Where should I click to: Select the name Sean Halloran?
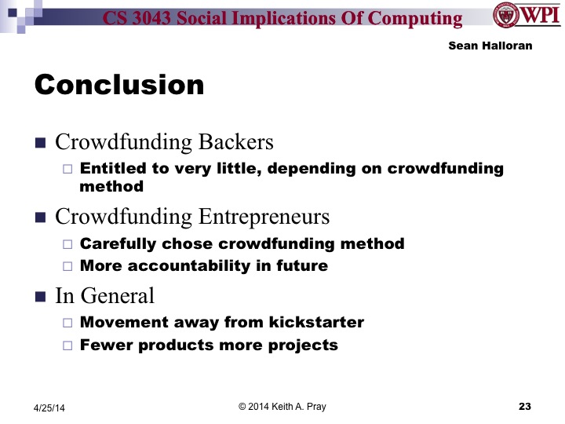click(x=490, y=46)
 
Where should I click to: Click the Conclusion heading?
click(x=118, y=84)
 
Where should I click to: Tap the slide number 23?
click(x=525, y=406)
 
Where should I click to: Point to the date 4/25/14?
click(x=50, y=407)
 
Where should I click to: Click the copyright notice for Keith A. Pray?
click(x=282, y=405)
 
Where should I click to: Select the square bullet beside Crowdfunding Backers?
click(x=41, y=143)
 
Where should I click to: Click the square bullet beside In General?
click(x=41, y=296)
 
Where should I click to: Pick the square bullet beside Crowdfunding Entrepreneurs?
click(x=41, y=216)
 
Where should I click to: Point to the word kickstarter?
click(x=313, y=322)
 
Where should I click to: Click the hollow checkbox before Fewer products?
click(x=67, y=345)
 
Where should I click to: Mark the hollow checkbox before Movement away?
click(x=67, y=322)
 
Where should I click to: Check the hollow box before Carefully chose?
click(x=67, y=243)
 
